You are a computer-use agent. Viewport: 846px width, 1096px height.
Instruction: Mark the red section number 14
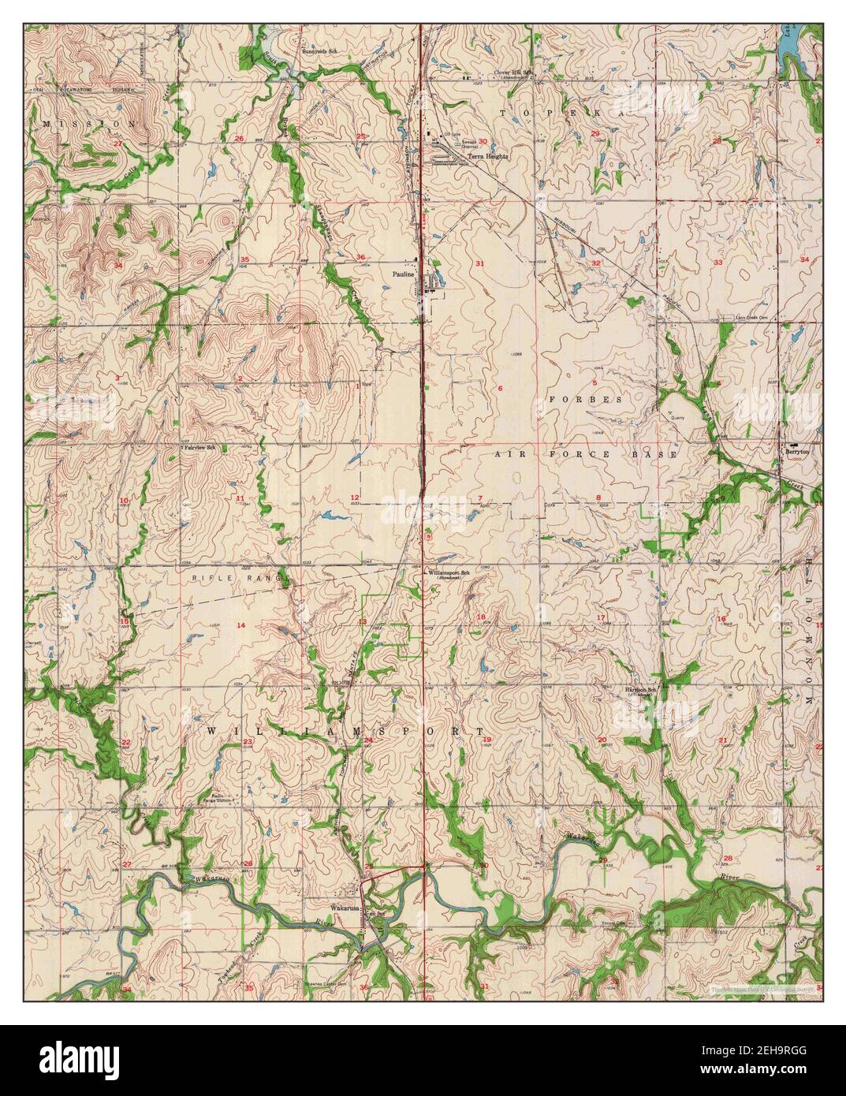pyautogui.click(x=241, y=625)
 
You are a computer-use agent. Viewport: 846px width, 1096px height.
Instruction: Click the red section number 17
pyautogui.click(x=601, y=617)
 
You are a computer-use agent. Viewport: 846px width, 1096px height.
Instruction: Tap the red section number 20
pyautogui.click(x=602, y=740)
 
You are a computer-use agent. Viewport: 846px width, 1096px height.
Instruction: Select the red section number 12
pyautogui.click(x=356, y=497)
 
